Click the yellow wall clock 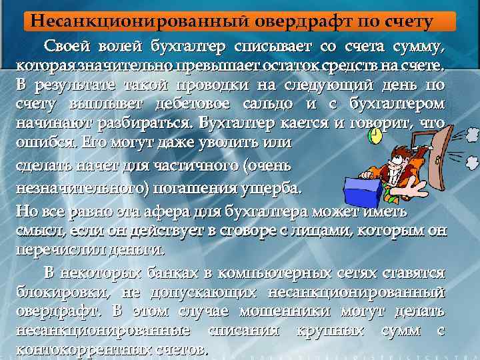pos(375,136)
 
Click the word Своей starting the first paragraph pos(67,46)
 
